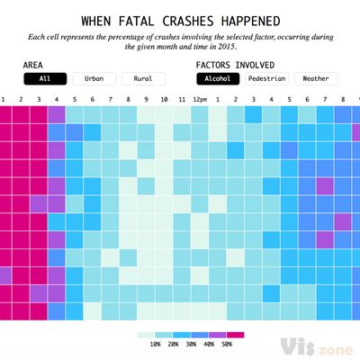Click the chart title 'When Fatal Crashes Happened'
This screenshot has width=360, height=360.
coord(180,20)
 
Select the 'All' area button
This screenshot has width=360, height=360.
coord(44,78)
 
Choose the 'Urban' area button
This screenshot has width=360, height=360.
coord(94,78)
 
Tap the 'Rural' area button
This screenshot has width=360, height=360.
coord(142,78)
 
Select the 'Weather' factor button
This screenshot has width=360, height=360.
coord(315,78)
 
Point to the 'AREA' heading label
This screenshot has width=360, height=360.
coord(36,65)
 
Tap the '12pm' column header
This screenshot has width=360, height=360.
coord(199,98)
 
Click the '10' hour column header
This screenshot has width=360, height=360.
coord(164,98)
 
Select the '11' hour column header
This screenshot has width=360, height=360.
coord(181,98)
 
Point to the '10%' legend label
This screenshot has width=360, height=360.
coord(155,344)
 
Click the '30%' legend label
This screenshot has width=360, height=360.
coord(192,344)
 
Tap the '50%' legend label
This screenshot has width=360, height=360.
coord(228,344)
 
